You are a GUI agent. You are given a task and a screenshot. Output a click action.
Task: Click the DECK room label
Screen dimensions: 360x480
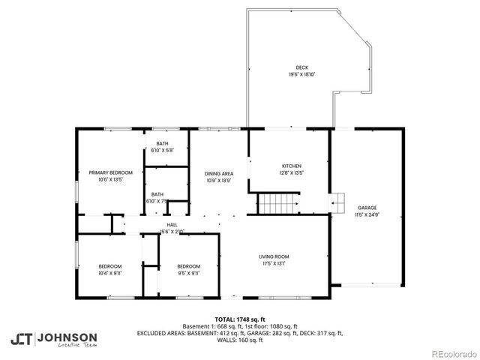coord(301,67)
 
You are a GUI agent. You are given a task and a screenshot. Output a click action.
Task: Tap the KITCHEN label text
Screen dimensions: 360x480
coord(292,166)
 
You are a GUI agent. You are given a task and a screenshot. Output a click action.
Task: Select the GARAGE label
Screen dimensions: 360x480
coord(367,208)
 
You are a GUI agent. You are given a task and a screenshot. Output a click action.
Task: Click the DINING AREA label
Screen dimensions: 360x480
coord(219,174)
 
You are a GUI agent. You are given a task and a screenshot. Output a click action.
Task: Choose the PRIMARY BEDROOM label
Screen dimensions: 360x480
coord(110,173)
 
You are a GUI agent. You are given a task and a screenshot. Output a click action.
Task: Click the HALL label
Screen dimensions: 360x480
coord(172,224)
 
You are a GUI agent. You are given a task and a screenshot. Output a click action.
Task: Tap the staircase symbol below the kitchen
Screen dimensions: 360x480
coord(279,203)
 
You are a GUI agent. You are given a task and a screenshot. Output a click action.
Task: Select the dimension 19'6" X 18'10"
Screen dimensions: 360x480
coord(301,74)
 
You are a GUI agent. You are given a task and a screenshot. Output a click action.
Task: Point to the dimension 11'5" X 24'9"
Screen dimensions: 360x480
coord(367,214)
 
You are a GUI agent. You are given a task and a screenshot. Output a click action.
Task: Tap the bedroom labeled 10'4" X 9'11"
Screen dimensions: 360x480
coord(109,269)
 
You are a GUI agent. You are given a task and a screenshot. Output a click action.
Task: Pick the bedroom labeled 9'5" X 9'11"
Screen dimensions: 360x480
coord(188,269)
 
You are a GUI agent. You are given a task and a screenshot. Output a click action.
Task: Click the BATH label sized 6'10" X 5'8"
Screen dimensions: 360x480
coord(162,146)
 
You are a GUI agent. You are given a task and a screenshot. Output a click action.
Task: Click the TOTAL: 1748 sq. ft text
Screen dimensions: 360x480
coord(239,319)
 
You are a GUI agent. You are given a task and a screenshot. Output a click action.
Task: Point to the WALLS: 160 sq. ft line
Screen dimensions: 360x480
coord(239,340)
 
